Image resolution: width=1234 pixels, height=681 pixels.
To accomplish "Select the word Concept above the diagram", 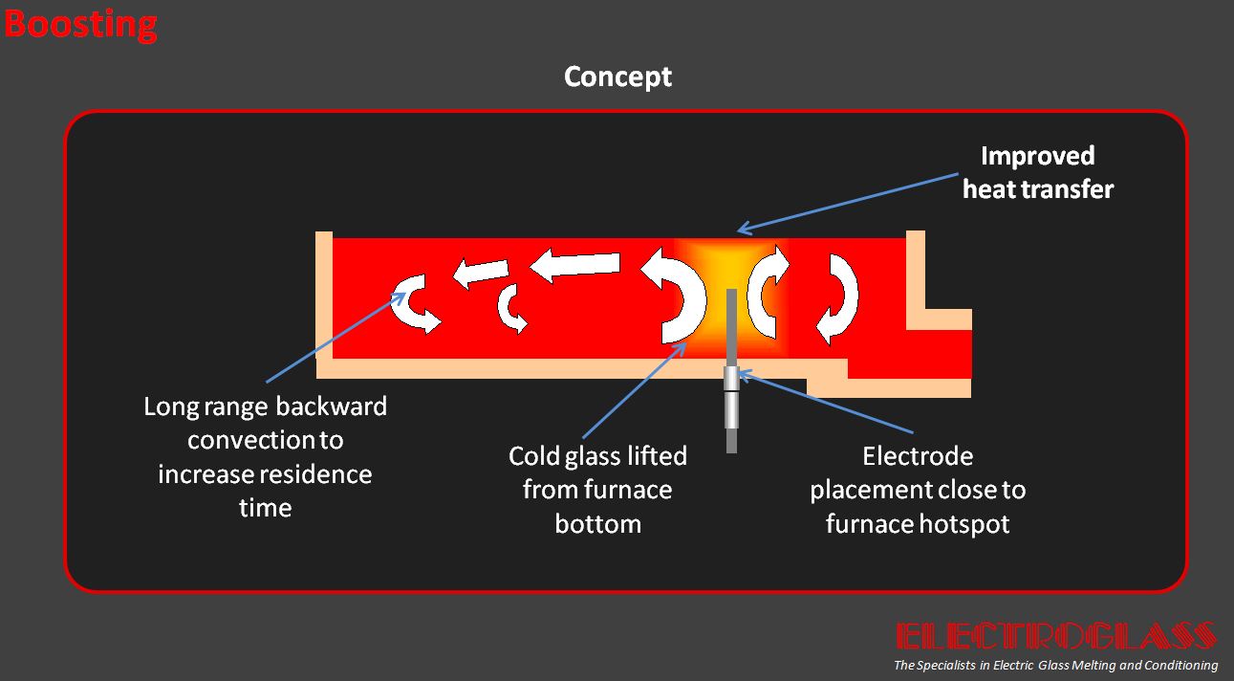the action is click(617, 77).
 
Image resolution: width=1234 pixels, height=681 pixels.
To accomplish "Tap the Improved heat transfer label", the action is click(1038, 172).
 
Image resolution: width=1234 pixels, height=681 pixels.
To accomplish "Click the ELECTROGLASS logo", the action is click(1056, 636).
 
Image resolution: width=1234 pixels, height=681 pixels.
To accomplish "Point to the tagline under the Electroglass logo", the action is click(1055, 665).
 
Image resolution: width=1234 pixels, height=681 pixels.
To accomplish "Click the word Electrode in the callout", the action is click(918, 456).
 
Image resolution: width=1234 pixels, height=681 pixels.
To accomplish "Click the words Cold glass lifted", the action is click(597, 456).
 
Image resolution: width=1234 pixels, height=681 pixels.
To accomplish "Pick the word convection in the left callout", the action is click(250, 440).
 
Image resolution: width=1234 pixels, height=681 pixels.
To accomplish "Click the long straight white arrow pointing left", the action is click(575, 265).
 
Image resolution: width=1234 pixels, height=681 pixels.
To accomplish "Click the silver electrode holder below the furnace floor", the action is click(731, 397).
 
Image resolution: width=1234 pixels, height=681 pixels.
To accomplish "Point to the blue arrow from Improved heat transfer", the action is click(848, 203).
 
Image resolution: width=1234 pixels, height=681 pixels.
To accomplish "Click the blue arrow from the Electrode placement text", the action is click(825, 402).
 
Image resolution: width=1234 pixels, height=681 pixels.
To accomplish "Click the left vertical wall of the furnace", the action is click(324, 295).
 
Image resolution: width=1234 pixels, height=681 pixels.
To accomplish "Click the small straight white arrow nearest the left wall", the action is click(481, 272).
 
